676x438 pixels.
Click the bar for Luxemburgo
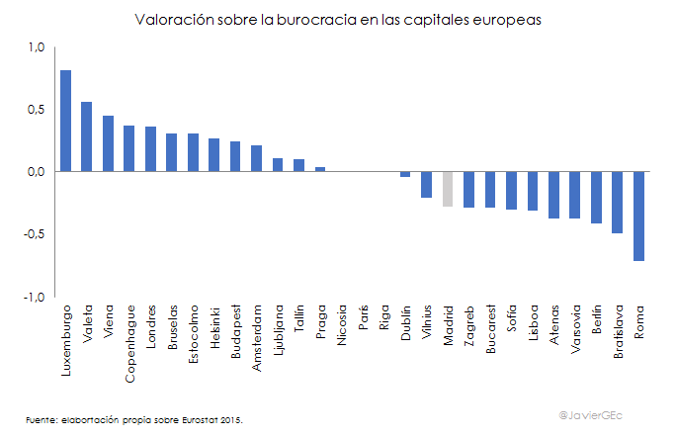65,121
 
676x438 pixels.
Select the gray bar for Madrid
448,189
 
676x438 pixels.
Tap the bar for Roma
639,216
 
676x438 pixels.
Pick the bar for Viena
108,143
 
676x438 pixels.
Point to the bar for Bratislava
618,202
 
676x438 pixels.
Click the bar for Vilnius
426,184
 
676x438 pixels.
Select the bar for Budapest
235,156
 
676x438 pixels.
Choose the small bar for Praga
320,169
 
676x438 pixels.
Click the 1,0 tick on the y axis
38,46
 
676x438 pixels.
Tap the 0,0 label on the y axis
38,172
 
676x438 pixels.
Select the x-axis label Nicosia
342,325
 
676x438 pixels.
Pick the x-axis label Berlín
597,321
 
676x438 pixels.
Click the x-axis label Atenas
554,323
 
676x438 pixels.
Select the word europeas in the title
510,20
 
